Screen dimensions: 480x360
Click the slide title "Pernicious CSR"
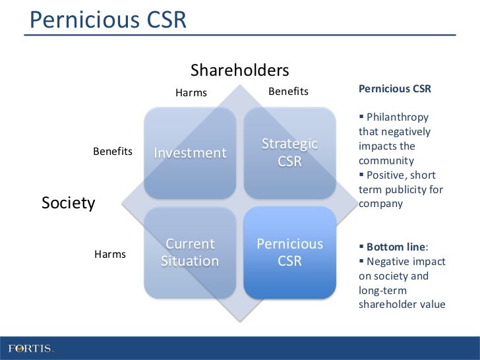coord(109,20)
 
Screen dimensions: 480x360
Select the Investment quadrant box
coord(190,153)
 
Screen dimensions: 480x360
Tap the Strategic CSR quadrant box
coord(289,152)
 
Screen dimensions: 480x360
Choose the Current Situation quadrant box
coord(190,253)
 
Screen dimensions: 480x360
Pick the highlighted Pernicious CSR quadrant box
coord(289,253)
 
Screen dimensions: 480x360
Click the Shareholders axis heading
coord(240,70)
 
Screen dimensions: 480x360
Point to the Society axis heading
coord(69,202)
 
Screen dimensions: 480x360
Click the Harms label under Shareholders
coord(191,92)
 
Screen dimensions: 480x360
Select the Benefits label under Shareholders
coord(288,92)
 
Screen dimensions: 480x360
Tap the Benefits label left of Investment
coord(113,152)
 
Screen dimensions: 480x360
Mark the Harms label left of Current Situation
coord(110,254)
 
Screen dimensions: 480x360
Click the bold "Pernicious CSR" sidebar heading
coord(394,89)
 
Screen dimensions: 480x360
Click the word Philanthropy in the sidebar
coord(398,117)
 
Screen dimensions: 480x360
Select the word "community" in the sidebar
coord(386,160)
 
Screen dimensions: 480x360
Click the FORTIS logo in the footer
coord(30,347)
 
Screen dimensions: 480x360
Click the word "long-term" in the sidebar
coord(382,291)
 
